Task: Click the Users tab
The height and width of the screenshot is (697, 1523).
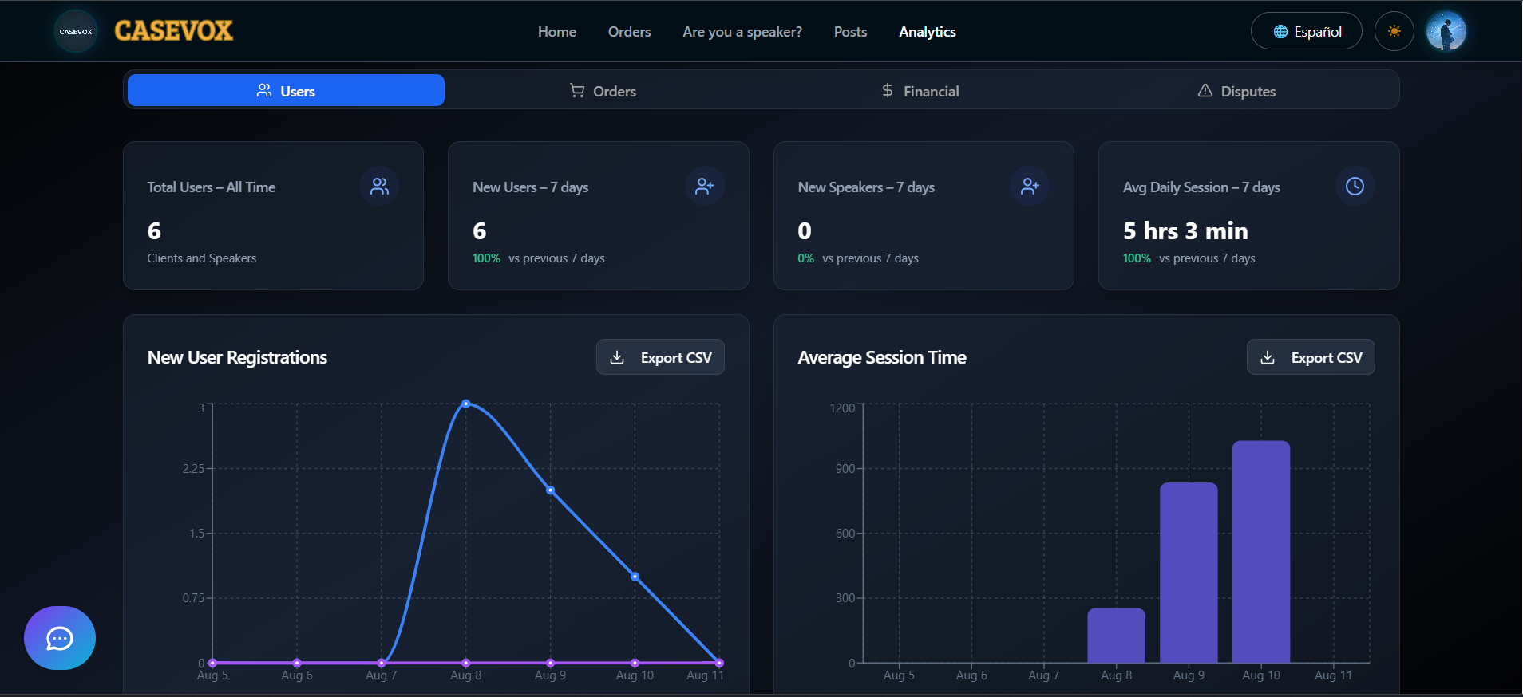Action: [286, 91]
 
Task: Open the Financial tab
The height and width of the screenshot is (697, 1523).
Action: [920, 91]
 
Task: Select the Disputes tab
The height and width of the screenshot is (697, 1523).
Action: [1236, 91]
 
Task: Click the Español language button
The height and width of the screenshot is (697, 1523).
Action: [1306, 31]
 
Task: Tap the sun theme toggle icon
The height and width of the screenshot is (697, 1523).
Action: [1394, 31]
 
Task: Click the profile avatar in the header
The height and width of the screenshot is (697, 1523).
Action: [1446, 31]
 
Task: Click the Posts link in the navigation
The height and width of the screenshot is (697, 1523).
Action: [850, 32]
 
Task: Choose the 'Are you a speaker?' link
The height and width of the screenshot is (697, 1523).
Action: [742, 32]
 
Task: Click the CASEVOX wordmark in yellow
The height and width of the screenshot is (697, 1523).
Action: [173, 31]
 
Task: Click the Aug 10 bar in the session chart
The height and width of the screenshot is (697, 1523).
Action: [1260, 551]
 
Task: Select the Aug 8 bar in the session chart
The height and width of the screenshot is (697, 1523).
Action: [1116, 635]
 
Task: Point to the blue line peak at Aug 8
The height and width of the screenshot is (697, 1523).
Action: [466, 404]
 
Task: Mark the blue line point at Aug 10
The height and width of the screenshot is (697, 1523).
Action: [635, 576]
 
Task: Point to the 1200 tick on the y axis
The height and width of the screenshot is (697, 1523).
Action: [842, 408]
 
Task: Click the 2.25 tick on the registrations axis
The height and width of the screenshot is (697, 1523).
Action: [193, 468]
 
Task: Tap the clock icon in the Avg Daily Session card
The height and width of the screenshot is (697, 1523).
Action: [1355, 187]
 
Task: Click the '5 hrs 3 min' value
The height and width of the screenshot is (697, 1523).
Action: [1185, 231]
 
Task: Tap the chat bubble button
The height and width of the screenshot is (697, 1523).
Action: [60, 638]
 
